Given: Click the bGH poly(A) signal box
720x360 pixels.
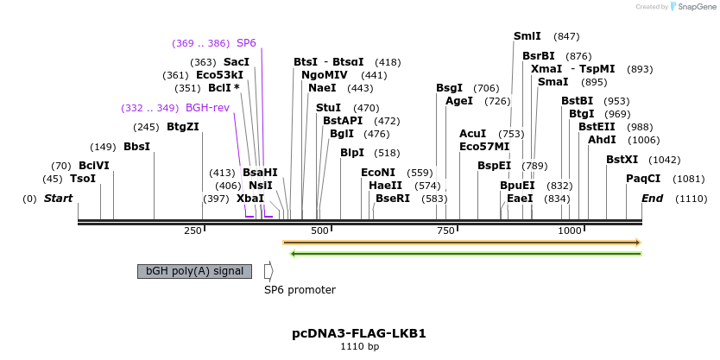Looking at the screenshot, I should [x=194, y=271].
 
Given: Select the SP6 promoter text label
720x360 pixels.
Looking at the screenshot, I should [x=300, y=290].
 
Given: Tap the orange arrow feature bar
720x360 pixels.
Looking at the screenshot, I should [x=462, y=243].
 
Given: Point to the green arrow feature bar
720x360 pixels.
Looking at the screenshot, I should [x=466, y=254].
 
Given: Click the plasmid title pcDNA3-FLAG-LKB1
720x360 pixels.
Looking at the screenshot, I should [x=359, y=333].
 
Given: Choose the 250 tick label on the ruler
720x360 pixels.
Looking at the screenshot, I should [x=193, y=231].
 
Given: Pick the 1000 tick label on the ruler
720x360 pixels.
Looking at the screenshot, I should [x=570, y=231].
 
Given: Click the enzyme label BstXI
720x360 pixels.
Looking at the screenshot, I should [x=622, y=160].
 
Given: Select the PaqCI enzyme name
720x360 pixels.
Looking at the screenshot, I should [x=643, y=179].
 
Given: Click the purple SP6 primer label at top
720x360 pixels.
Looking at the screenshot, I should [x=246, y=43].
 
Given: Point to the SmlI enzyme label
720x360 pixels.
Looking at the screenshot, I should [x=527, y=36].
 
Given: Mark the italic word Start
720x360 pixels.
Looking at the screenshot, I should [x=59, y=199].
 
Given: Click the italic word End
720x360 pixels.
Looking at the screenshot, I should [x=653, y=199].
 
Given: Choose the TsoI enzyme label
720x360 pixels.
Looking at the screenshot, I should [x=83, y=179].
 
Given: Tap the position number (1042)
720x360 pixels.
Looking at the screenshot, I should [x=665, y=160].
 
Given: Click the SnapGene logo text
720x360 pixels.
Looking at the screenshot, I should [x=694, y=7].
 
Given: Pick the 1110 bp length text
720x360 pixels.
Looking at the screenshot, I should [x=359, y=347].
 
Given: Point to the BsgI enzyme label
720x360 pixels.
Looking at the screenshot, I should [x=449, y=88].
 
